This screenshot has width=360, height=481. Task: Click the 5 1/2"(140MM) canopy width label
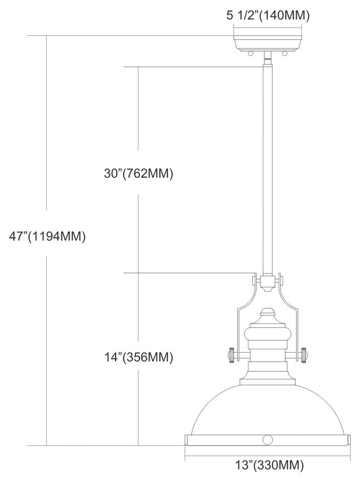point(268,15)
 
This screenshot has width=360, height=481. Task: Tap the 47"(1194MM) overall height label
point(48,236)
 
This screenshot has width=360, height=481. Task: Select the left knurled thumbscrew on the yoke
point(231,355)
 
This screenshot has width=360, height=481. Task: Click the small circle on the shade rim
point(268,439)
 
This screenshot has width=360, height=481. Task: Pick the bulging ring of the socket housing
point(268,331)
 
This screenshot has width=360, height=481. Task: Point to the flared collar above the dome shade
point(268,381)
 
